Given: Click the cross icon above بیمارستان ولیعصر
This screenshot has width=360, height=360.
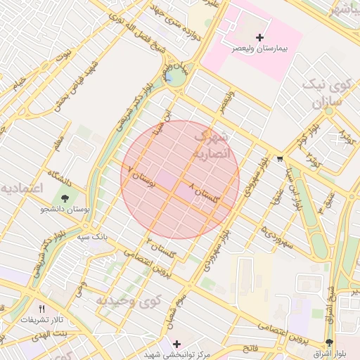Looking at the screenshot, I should point(260,37).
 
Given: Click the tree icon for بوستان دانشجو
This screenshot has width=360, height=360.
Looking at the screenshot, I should point(65,199).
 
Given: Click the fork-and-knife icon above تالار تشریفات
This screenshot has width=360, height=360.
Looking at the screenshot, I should point(41,309).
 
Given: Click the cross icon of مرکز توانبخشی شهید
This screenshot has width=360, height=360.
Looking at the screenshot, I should point(176,344).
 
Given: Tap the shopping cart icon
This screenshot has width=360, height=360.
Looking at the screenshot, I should point(281,158).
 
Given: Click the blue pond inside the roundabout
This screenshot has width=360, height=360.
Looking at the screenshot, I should point(169,79).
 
